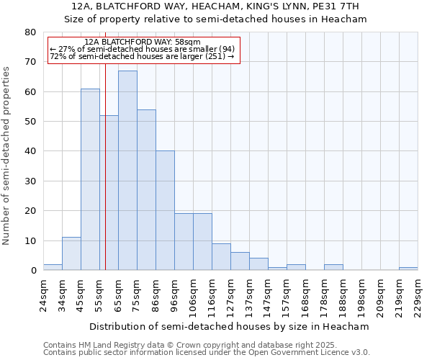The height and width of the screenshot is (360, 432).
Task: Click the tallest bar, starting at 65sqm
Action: click(x=127, y=171)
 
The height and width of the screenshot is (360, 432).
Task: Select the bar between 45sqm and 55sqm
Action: click(x=90, y=179)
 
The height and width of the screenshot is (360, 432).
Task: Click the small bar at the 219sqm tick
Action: click(x=408, y=269)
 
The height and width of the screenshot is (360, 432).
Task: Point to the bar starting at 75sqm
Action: click(x=146, y=190)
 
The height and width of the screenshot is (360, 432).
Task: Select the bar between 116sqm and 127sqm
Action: click(x=221, y=257)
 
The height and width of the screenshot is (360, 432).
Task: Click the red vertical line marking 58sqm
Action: click(x=105, y=158)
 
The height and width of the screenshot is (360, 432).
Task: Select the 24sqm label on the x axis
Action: click(x=43, y=295)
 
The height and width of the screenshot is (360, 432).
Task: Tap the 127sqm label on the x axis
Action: click(x=230, y=295)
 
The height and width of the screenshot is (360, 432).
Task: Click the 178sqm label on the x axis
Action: click(x=324, y=295)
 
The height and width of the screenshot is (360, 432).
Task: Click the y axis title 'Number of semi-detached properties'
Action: click(x=7, y=156)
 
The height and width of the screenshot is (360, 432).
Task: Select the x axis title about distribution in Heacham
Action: click(x=230, y=326)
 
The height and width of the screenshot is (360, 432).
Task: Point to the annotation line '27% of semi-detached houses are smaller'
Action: click(x=142, y=49)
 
